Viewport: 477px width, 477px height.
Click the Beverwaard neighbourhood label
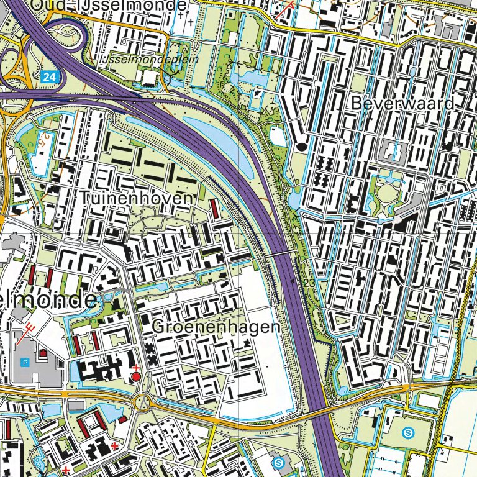click(x=402, y=103)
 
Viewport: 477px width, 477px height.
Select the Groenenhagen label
click(x=216, y=327)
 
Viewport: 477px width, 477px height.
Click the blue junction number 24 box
click(x=49, y=77)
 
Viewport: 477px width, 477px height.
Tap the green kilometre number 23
click(x=309, y=283)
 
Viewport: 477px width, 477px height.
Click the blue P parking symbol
click(x=25, y=362)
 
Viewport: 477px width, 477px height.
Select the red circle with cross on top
click(x=135, y=376)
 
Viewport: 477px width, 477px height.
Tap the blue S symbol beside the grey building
click(x=279, y=462)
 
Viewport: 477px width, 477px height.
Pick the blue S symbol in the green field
click(x=408, y=432)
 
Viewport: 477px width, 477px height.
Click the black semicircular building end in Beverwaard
click(x=302, y=147)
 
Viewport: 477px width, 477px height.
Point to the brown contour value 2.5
click(x=44, y=138)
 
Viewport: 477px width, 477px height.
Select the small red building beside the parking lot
click(x=43, y=353)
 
